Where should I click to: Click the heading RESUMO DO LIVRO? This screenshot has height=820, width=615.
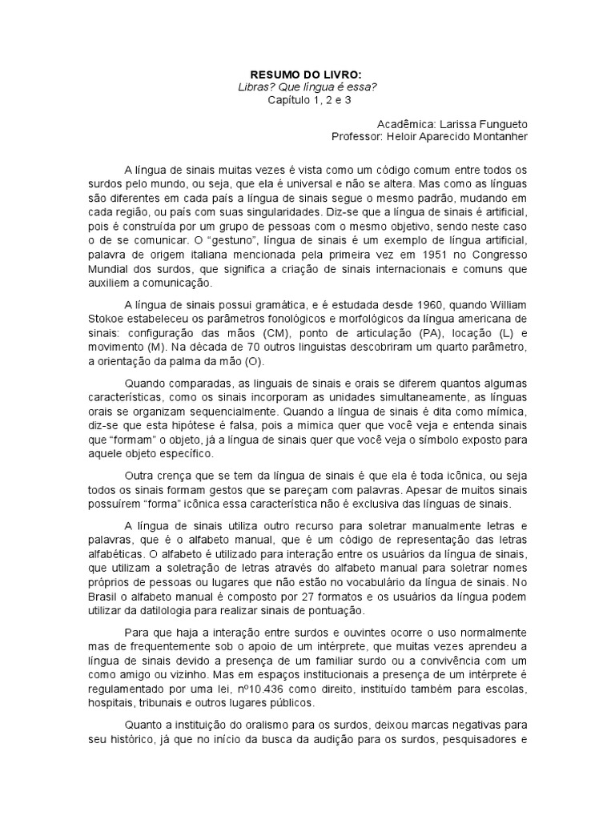pos(307,74)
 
